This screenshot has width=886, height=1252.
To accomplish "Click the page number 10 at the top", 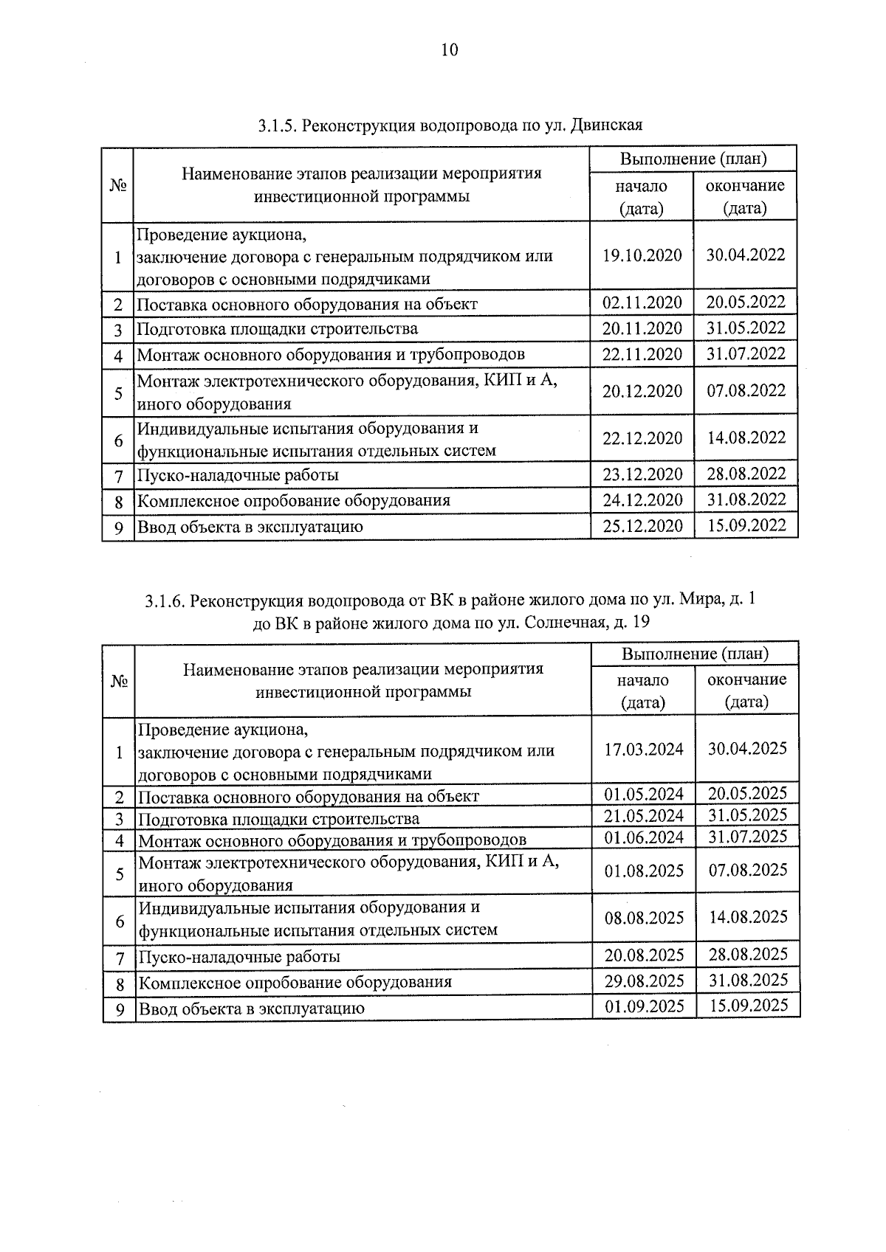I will (449, 50).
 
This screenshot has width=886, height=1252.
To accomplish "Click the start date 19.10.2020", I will (642, 255).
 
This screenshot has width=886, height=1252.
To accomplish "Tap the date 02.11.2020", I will (642, 303).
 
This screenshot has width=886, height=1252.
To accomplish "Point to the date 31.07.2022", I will (746, 354).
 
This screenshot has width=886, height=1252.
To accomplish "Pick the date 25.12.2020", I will (642, 526).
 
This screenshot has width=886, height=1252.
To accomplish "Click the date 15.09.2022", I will (746, 525).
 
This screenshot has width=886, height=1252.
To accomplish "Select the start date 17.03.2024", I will (644, 750).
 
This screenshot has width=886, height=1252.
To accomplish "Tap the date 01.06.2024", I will (644, 838).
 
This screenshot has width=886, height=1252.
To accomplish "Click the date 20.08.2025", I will (644, 955).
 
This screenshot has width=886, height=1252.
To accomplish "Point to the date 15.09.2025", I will (748, 1006).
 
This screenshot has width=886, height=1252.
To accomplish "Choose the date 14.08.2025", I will (748, 917).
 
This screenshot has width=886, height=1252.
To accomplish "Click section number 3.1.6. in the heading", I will (165, 601).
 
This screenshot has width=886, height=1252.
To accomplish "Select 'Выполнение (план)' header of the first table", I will (693, 159).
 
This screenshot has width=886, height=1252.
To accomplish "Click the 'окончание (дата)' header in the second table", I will (747, 691).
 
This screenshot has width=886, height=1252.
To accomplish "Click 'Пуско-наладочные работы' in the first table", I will (238, 475).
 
